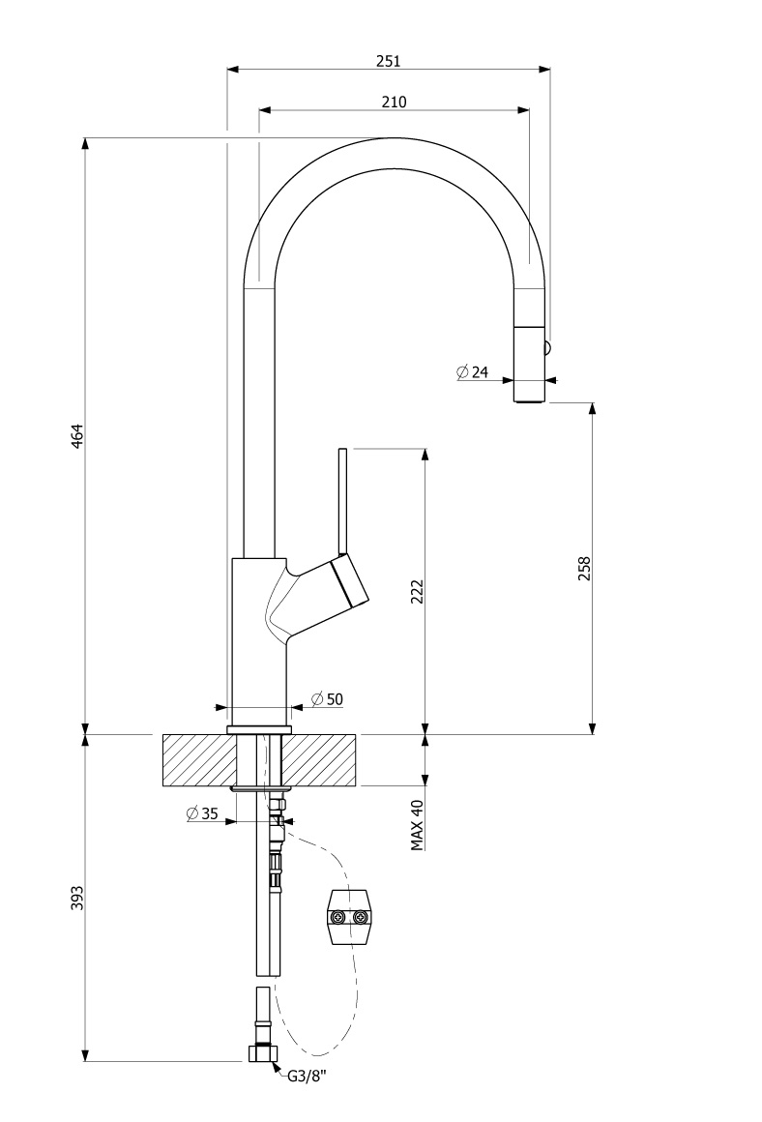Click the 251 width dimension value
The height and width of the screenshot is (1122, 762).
click(x=388, y=61)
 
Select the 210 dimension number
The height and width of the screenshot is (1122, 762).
click(x=394, y=102)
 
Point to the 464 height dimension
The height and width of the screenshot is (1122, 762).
click(x=77, y=436)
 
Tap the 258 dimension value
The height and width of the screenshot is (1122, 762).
click(x=585, y=568)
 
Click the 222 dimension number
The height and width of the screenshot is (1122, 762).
click(x=418, y=591)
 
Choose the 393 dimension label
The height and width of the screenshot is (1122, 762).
click(x=77, y=898)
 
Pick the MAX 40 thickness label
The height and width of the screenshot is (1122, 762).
click(x=418, y=825)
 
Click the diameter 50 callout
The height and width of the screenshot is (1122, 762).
click(x=328, y=699)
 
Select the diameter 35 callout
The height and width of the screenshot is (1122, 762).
click(x=202, y=812)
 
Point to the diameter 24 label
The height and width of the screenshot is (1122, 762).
click(x=472, y=372)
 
